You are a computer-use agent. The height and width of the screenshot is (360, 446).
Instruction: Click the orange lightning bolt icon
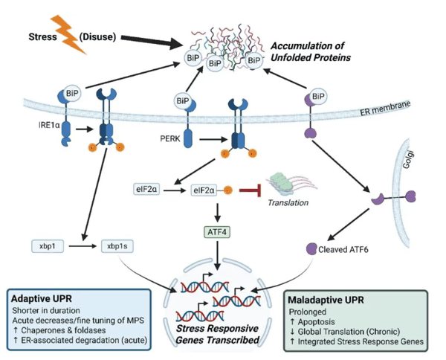click(x=68, y=35)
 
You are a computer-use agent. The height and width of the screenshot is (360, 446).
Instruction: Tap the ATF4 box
click(x=217, y=232)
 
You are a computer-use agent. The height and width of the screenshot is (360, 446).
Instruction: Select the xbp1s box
click(x=117, y=246)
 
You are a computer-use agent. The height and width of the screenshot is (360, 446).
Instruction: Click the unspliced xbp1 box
click(x=48, y=246)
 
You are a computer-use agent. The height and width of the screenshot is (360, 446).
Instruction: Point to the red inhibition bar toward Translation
click(x=251, y=190)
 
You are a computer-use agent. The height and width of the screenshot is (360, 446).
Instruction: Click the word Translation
click(x=288, y=202)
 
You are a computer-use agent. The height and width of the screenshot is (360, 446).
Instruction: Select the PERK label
click(x=170, y=138)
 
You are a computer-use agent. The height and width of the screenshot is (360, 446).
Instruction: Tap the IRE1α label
click(x=49, y=125)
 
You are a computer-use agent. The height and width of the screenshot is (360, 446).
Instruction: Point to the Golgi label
click(x=408, y=160)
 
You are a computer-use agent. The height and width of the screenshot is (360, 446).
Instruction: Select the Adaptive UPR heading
click(x=42, y=298)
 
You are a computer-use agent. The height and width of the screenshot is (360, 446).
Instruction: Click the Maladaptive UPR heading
click(x=326, y=300)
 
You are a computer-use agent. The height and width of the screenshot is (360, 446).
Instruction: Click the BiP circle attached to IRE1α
click(x=72, y=93)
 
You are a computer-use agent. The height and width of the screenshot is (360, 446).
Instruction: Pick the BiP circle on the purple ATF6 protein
click(x=317, y=96)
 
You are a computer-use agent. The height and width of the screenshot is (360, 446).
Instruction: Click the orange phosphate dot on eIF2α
click(x=227, y=190)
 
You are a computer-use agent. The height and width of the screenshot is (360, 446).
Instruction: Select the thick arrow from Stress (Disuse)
click(x=152, y=41)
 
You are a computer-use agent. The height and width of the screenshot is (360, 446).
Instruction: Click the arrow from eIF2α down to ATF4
click(x=217, y=213)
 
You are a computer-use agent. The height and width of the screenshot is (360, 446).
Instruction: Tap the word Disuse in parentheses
click(x=97, y=36)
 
